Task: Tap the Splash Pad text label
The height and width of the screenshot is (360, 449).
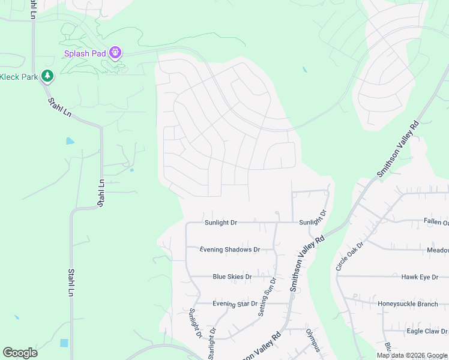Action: tap(86, 53)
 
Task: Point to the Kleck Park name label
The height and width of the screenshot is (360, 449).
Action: tap(19, 77)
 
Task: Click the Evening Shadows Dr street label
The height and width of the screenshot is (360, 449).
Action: tap(229, 250)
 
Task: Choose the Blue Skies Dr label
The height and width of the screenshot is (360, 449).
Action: tap(232, 277)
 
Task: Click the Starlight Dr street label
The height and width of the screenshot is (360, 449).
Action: tap(212, 343)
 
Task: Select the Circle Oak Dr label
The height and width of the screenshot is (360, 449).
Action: tap(349, 256)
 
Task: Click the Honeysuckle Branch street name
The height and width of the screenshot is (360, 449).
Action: tap(408, 304)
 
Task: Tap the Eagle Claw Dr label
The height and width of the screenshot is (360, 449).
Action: tap(427, 331)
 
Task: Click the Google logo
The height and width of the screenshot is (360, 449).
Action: tap(20, 353)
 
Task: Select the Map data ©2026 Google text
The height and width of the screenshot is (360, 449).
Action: tap(412, 355)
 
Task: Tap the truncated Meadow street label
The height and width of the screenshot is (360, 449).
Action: tap(438, 250)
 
